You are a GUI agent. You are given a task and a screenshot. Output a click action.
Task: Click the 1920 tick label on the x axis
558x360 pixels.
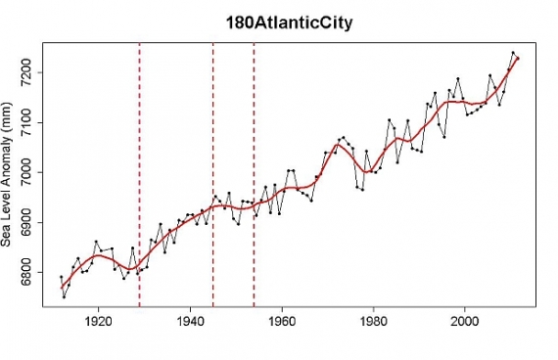tap(98, 320)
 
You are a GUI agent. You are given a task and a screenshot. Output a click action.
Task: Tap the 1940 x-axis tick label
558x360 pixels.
tap(190, 320)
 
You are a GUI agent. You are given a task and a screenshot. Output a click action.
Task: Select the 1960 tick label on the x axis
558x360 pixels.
tap(282, 320)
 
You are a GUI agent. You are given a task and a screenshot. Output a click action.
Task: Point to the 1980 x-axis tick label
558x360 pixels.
tap(373, 320)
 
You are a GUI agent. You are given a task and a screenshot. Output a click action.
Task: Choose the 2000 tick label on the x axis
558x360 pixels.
tap(465, 320)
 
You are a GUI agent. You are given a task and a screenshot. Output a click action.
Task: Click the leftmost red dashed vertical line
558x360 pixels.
tap(139, 176)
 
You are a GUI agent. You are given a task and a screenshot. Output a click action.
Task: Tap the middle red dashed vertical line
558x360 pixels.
tap(212, 176)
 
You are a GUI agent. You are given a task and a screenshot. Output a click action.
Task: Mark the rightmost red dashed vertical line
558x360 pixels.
tap(254, 176)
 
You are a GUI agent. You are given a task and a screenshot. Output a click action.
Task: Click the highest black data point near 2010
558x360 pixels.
tap(512, 53)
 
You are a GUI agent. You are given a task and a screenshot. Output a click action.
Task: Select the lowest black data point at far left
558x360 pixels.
tap(64, 295)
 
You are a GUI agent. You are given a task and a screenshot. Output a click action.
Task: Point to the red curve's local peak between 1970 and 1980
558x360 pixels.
tap(339, 145)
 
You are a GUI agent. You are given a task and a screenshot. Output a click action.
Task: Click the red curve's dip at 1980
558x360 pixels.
tap(366, 171)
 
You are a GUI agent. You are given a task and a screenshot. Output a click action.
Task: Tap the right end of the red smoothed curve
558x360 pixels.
tap(518, 59)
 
